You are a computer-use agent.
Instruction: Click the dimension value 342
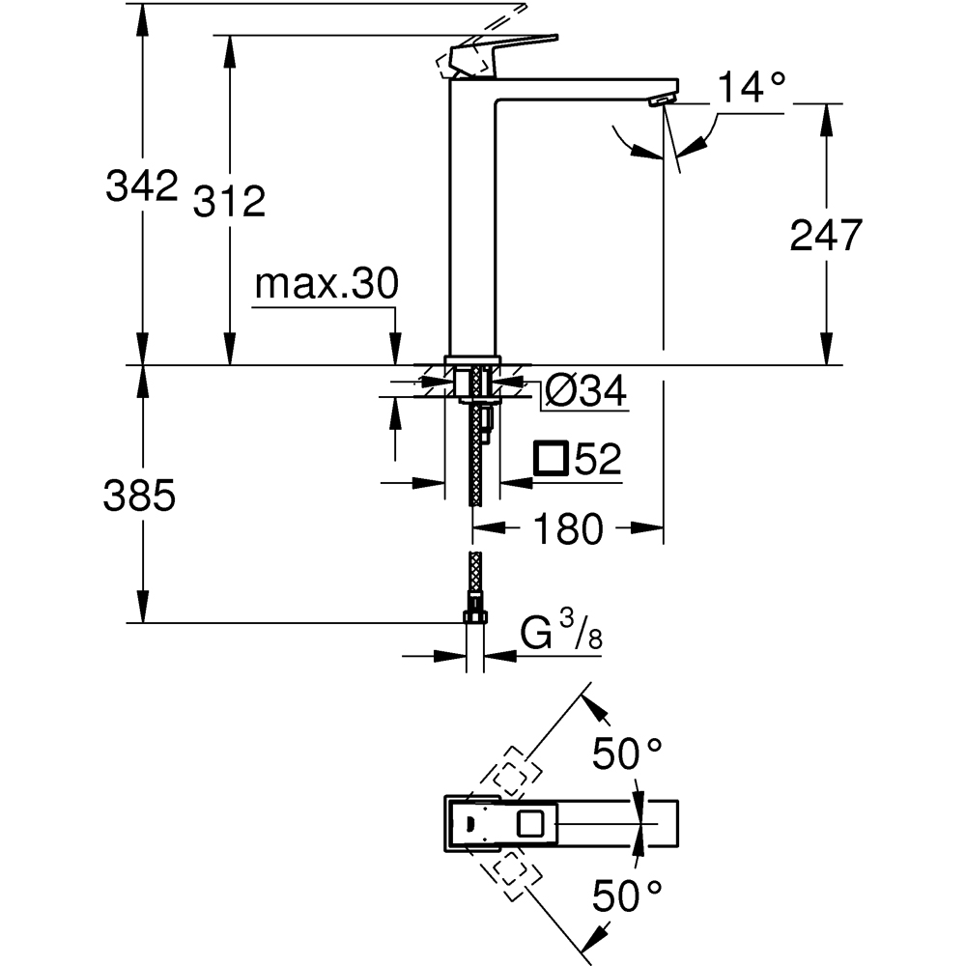tap(142, 185)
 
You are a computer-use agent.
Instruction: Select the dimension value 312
tap(229, 201)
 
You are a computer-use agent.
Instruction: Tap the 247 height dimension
tap(825, 235)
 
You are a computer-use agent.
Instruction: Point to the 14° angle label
tap(752, 89)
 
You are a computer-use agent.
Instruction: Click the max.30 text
tap(326, 285)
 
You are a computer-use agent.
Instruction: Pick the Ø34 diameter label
tap(584, 391)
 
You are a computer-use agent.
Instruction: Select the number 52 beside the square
tap(596, 459)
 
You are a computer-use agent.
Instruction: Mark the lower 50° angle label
tap(627, 897)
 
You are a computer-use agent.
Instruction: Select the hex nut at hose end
tap(474, 615)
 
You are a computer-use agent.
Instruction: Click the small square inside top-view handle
tap(530, 824)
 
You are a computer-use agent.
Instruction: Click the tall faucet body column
tap(472, 222)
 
